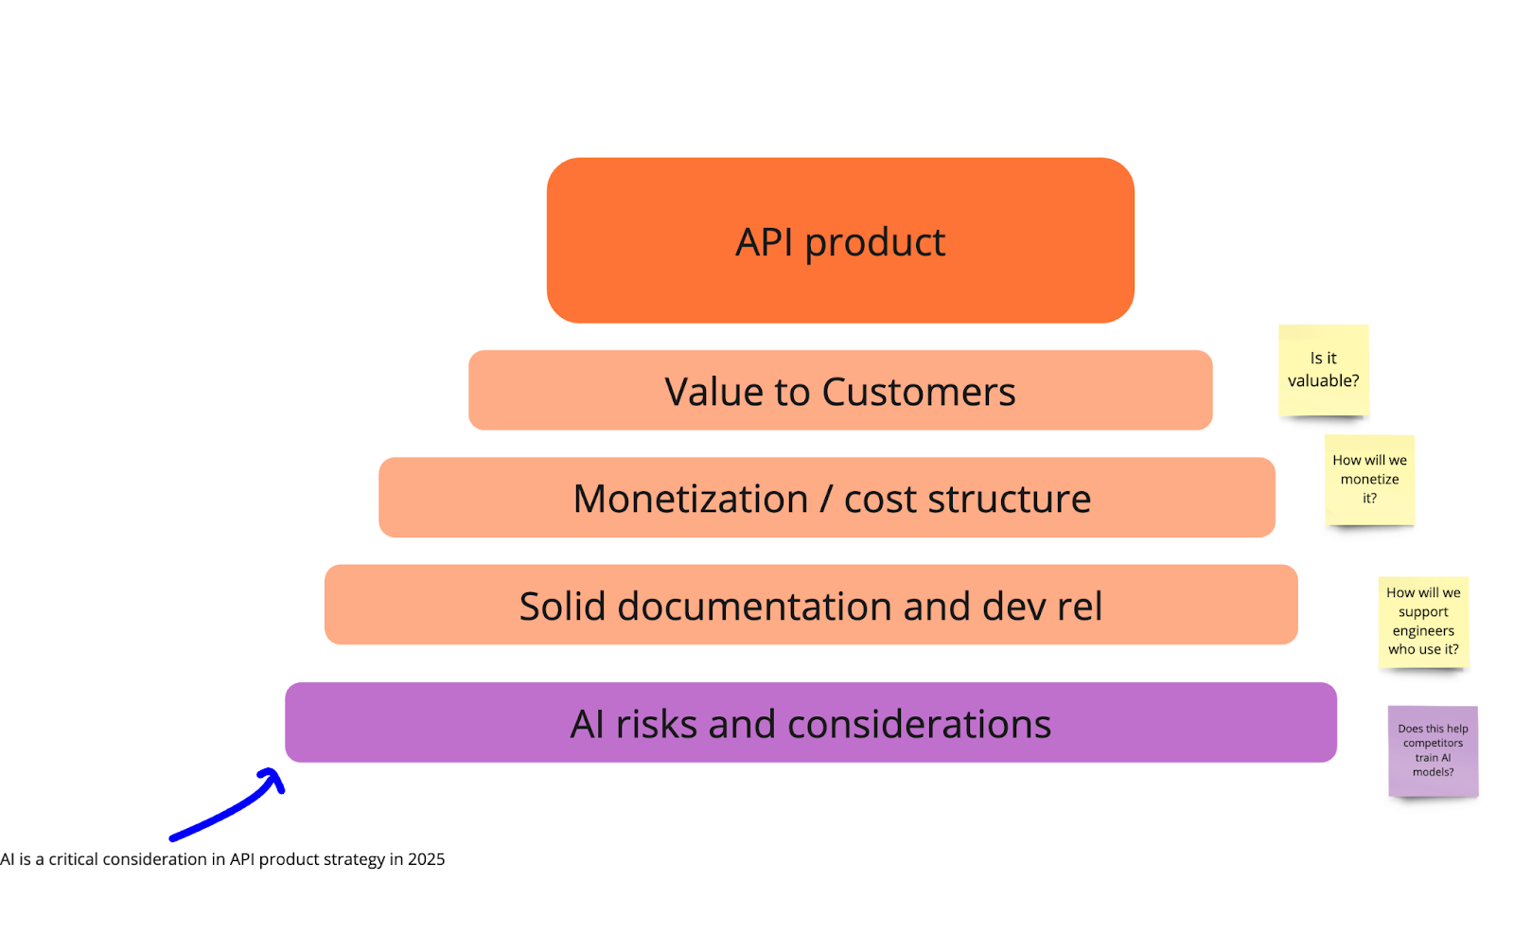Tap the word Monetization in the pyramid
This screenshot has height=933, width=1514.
click(690, 499)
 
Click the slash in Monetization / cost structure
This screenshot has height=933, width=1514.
click(826, 499)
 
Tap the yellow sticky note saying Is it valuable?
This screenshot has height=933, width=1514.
click(1323, 370)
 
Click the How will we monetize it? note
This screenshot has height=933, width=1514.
click(1369, 480)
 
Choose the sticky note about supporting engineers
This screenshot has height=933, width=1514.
click(1423, 622)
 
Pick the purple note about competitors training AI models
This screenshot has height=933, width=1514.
click(1433, 751)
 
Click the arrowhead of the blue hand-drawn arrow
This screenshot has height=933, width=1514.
click(274, 778)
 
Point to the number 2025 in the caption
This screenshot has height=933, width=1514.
click(426, 859)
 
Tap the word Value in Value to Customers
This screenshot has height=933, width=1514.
click(713, 392)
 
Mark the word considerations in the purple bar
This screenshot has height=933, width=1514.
click(918, 724)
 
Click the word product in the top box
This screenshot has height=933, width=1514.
click(874, 242)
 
